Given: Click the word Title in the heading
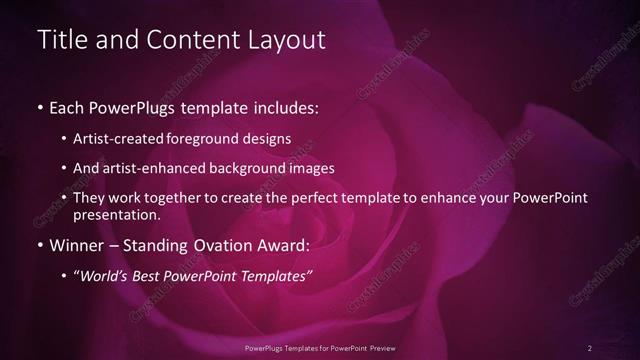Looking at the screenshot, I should click(59, 41).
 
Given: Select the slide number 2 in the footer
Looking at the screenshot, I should click(590, 348).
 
